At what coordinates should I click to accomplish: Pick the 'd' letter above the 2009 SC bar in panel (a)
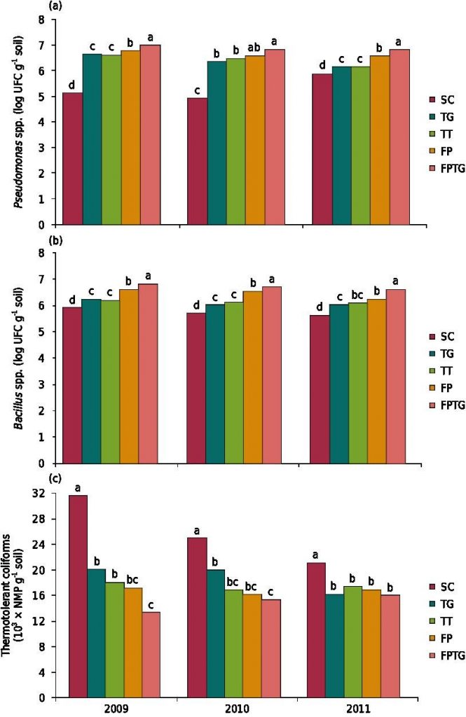coord(73,85)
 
